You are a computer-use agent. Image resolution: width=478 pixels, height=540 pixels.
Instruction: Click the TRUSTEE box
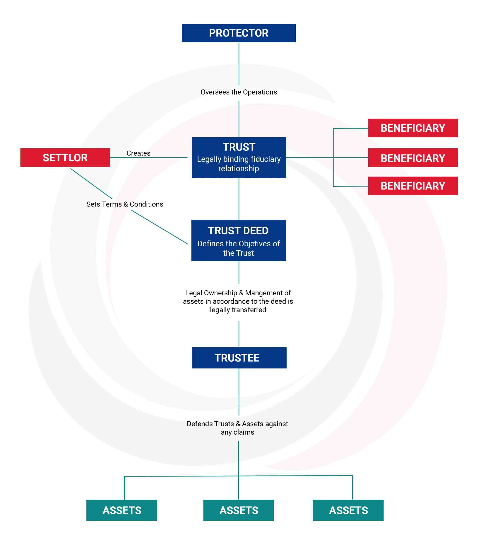tap(239, 358)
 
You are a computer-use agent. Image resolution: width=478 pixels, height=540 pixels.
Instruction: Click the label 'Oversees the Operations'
tap(238, 92)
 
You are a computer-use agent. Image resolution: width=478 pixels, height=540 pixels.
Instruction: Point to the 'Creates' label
tap(138, 153)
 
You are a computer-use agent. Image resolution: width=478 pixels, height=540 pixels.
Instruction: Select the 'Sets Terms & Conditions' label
tap(125, 204)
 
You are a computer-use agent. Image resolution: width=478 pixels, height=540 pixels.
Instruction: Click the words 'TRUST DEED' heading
tap(238, 231)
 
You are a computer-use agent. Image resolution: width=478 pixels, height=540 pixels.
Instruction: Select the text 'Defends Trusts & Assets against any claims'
tap(237, 428)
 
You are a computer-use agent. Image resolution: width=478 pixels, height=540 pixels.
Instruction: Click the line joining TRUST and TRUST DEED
tap(239, 199)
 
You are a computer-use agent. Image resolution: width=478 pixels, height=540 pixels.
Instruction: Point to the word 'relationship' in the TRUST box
tap(238, 169)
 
